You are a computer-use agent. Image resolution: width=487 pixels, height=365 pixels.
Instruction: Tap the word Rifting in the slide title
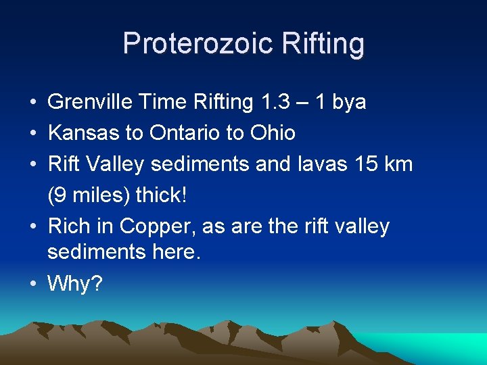[321, 44]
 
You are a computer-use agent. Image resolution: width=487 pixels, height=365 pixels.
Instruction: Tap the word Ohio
[271, 132]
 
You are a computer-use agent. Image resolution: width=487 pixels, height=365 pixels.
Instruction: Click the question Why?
[74, 284]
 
